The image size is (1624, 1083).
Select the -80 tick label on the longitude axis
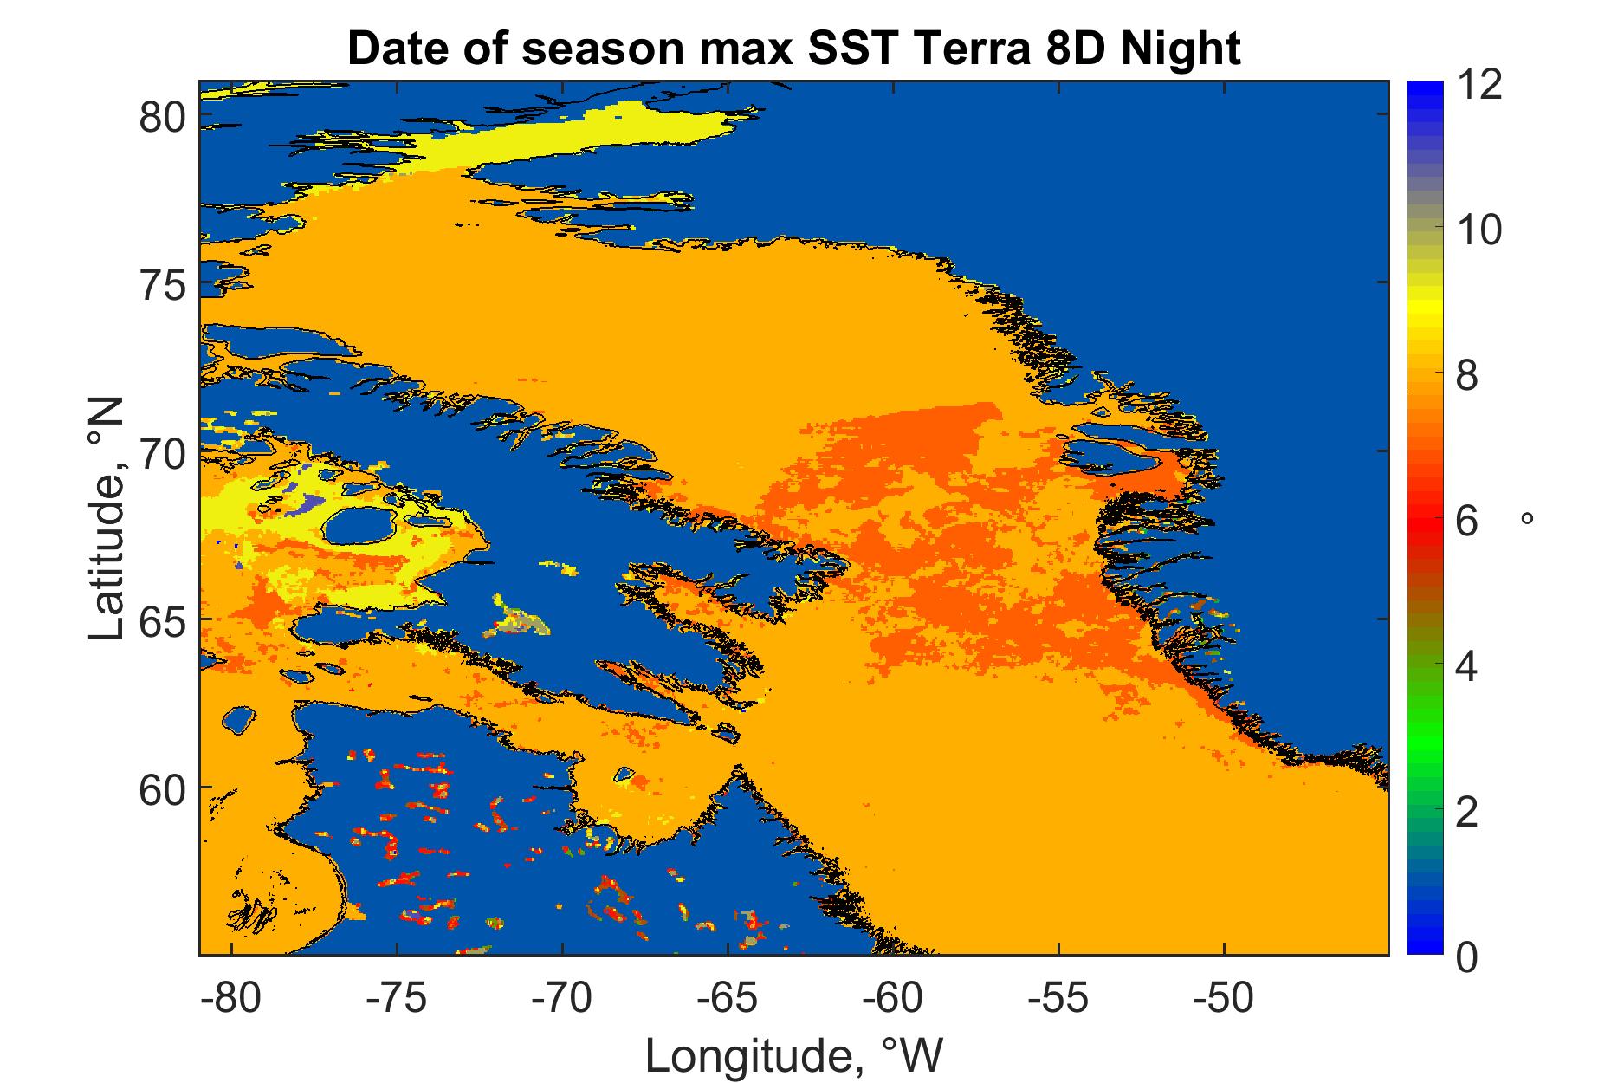tap(230, 1000)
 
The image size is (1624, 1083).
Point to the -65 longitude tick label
tap(728, 1000)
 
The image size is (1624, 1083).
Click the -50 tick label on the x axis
tap(1223, 1000)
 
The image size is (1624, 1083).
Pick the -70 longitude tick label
tap(562, 1000)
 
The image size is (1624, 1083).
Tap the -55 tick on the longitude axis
tap(1058, 1000)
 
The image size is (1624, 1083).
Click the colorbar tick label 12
tap(1478, 87)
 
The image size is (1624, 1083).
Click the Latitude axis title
tap(108, 520)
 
